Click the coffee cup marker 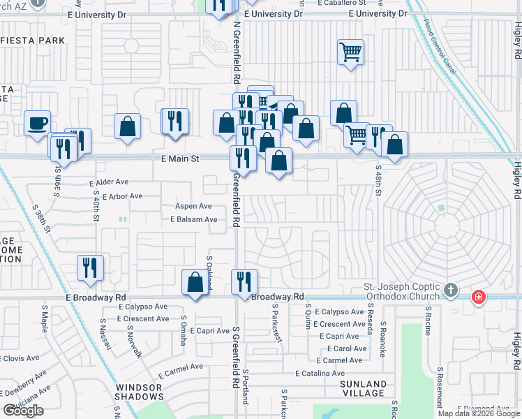point(38,124)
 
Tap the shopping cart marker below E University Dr point(350,52)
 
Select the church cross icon point(452,290)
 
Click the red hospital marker point(479,297)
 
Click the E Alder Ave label point(109,182)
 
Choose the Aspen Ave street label point(193,206)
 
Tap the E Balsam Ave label point(194,219)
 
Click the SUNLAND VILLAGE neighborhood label point(363,388)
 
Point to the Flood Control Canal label point(440,46)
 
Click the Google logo point(24,410)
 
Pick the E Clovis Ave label point(20,358)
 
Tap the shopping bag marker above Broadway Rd point(195,282)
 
